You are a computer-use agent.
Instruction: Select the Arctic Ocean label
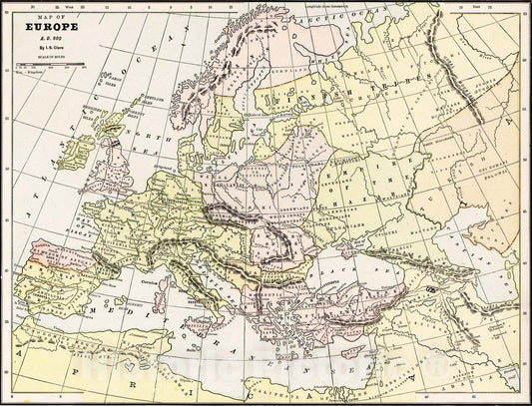[335, 18]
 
